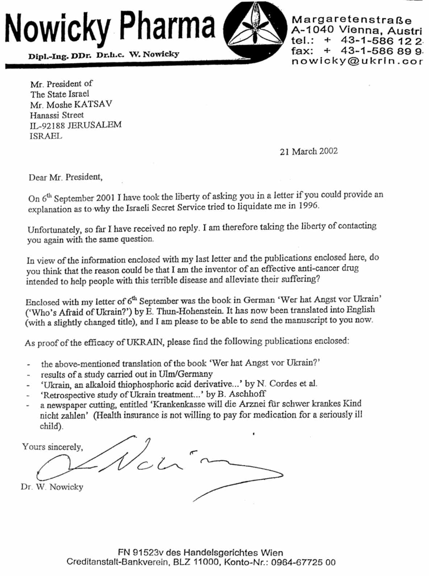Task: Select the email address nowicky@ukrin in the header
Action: [357, 61]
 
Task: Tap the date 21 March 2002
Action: [308, 151]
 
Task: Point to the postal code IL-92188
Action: [47, 125]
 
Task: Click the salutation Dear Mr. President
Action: [66, 177]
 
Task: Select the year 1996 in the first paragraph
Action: [309, 206]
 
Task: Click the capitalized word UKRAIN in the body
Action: [145, 342]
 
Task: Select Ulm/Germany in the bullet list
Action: [186, 374]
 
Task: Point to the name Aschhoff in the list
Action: [247, 394]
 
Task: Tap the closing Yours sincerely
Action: [52, 447]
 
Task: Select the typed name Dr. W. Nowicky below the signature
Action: [52, 487]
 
